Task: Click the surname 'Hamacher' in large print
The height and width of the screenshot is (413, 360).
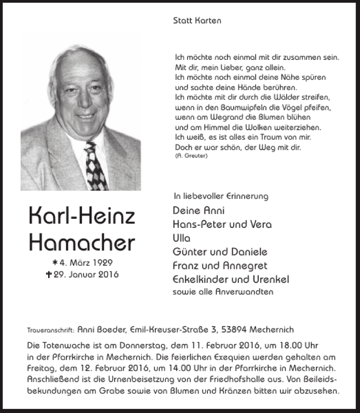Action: coord(81,243)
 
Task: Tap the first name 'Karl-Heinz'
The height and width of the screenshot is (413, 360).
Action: coord(81,217)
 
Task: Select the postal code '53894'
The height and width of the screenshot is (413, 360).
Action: coord(234,330)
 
